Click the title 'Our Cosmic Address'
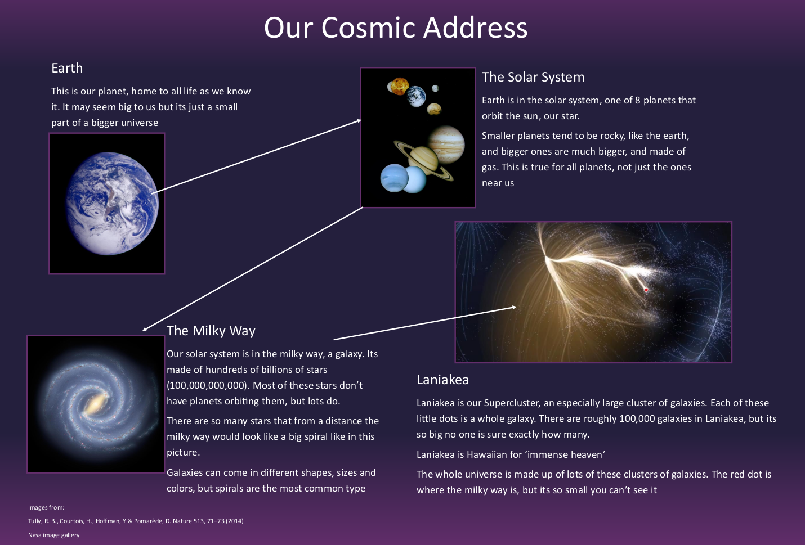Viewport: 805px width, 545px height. [x=396, y=28]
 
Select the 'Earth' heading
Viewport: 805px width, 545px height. [x=67, y=68]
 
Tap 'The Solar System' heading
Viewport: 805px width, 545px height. [x=533, y=77]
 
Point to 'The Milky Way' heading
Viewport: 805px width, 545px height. [x=211, y=331]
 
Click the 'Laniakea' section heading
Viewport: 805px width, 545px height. [x=442, y=380]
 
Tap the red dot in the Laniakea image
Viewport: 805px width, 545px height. [x=646, y=290]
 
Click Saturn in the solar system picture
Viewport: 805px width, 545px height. [x=423, y=159]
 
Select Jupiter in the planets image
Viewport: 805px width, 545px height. [x=446, y=145]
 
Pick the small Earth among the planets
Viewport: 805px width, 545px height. [x=416, y=96]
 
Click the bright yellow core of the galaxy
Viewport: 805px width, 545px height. [x=95, y=404]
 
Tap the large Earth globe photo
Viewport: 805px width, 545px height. [x=112, y=204]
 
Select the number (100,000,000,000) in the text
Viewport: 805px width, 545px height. [x=208, y=386]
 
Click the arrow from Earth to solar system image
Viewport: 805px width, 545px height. [x=257, y=156]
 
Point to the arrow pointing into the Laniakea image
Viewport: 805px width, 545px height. [x=425, y=323]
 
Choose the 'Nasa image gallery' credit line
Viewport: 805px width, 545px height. [x=54, y=535]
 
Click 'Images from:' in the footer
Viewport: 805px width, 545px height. [x=46, y=507]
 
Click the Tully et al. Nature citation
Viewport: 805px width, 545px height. [x=136, y=521]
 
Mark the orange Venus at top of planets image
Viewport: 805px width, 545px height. [x=400, y=86]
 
